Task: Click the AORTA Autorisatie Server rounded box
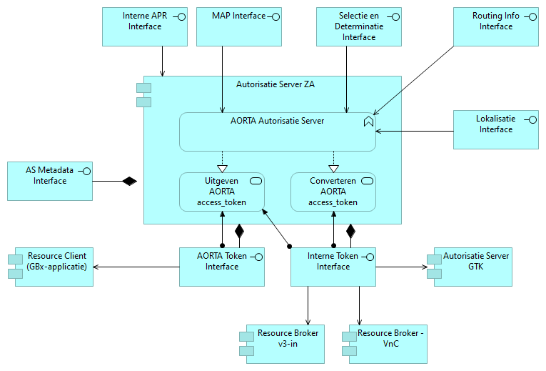[277, 132]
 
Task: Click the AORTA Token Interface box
[222, 267]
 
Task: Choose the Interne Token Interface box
[333, 267]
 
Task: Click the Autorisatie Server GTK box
[472, 267]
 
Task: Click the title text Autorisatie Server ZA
[275, 84]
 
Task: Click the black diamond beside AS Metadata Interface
[128, 181]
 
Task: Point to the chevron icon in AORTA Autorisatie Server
[368, 122]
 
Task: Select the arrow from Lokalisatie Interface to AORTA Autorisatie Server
[414, 131]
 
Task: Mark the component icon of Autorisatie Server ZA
[144, 94]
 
